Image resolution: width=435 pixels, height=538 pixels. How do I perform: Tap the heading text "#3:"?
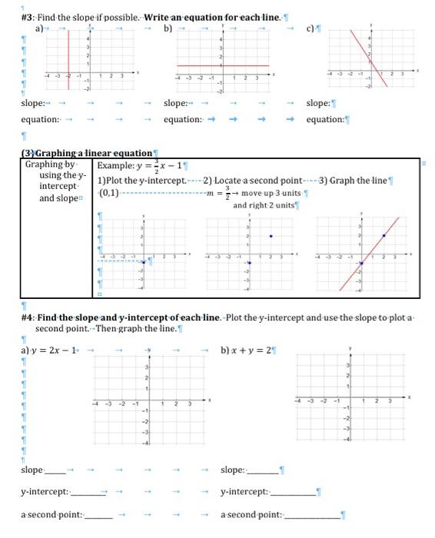(29, 16)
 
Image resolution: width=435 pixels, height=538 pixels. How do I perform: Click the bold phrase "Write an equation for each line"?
(207, 16)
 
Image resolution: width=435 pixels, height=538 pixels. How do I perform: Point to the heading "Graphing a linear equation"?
(91, 154)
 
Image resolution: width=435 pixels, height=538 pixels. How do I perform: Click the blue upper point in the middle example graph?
(270, 235)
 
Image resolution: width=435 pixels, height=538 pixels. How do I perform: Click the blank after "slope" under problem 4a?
(59, 470)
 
